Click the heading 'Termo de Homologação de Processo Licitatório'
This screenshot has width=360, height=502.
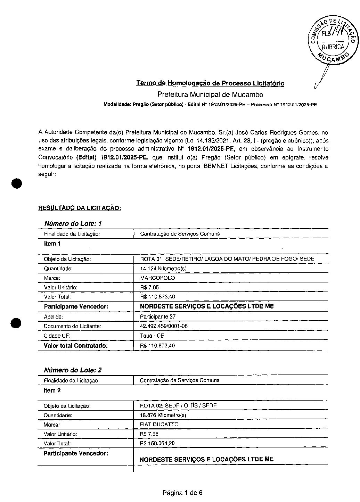(210, 83)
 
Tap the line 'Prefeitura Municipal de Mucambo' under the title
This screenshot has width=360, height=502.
(210, 94)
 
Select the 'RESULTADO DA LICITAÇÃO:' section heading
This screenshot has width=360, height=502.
(80, 208)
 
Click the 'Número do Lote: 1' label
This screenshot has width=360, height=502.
(73, 223)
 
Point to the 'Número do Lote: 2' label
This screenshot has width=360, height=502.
(73, 370)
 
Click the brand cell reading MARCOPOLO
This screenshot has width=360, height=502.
(157, 278)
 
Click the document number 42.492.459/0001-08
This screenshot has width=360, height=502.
(164, 326)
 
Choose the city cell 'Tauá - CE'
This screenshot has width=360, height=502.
(152, 336)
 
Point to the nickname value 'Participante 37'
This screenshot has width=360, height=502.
(157, 317)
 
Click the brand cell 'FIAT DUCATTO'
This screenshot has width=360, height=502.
(159, 425)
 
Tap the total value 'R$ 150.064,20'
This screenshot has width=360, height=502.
(157, 443)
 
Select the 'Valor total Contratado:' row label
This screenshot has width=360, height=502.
(76, 346)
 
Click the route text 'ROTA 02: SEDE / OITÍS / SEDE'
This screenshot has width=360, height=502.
(178, 405)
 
